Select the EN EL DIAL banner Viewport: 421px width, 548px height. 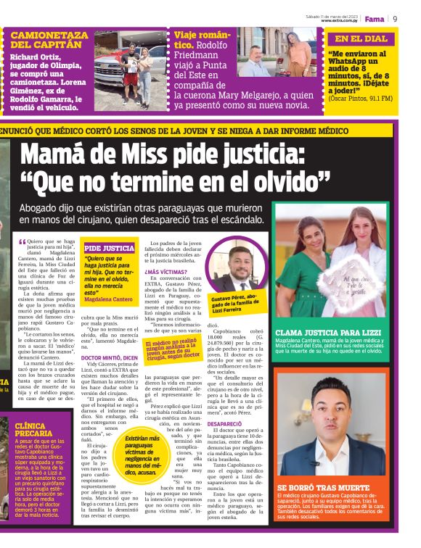361,39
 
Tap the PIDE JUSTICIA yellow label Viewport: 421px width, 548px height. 109,248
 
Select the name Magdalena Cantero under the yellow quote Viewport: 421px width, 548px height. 108,299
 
